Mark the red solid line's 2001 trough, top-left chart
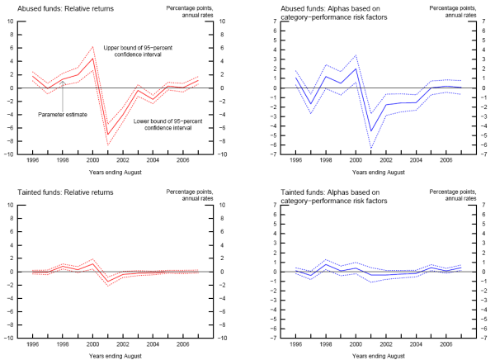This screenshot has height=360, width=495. (107, 134)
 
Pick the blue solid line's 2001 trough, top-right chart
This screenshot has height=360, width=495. (371, 130)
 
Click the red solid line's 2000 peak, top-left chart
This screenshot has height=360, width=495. (93, 58)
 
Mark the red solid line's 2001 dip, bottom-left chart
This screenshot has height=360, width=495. (107, 282)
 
